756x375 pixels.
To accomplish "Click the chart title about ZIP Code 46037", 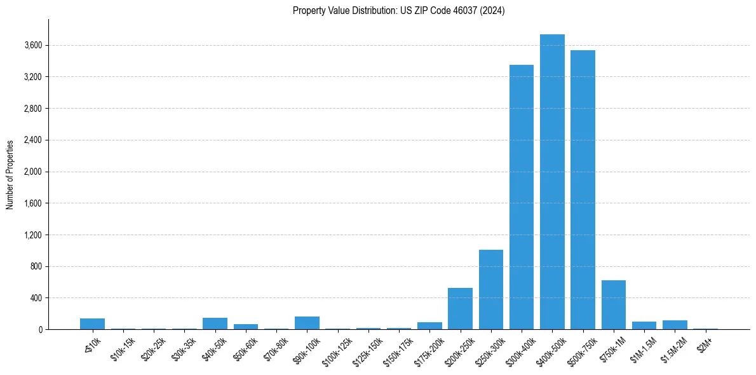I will point(398,11).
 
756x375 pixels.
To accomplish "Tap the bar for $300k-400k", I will point(522,197).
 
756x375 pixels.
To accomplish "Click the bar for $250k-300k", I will point(490,289).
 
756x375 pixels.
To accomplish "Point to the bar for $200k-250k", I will point(460,308).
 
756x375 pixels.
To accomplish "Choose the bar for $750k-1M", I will point(613,304).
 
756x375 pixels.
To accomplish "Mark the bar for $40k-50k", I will point(215,324).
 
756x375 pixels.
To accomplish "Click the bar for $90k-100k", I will point(307,323).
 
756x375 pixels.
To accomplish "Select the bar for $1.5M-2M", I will point(675,325).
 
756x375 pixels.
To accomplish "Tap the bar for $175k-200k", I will point(429,325).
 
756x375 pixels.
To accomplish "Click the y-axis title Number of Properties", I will point(10,175).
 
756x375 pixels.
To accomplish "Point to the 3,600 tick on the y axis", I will point(33,46).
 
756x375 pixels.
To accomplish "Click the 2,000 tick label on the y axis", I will point(33,172).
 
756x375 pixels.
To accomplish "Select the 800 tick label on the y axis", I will point(36,266).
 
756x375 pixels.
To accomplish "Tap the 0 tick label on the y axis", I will point(39,329).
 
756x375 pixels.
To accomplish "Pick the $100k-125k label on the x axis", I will point(335,347).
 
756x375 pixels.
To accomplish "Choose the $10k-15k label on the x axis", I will point(121,346).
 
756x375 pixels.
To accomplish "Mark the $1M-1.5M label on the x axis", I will point(642,346).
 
